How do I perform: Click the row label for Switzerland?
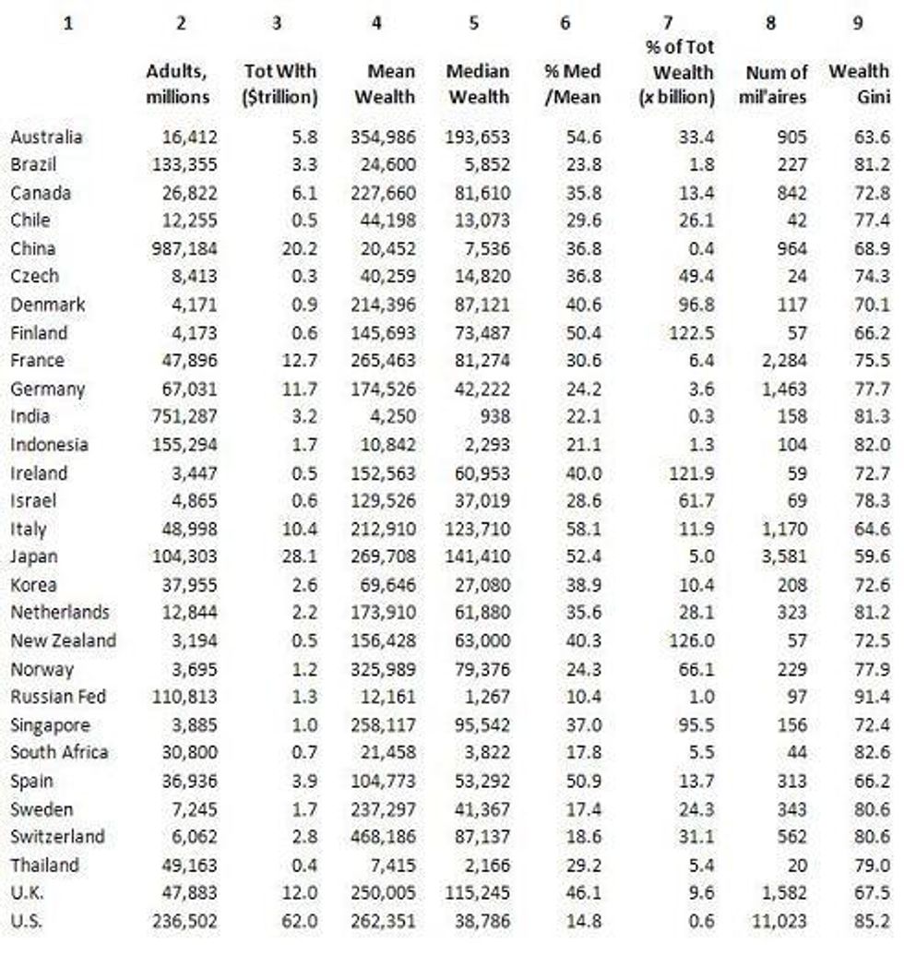pyautogui.click(x=57, y=837)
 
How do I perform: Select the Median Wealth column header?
pyautogui.click(x=477, y=84)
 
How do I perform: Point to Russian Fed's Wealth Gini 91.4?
pyautogui.click(x=872, y=697)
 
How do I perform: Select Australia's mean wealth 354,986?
pyautogui.click(x=383, y=137)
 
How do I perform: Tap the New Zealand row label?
pyautogui.click(x=63, y=640)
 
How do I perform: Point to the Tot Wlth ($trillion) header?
pyautogui.click(x=280, y=84)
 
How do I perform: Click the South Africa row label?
pyautogui.click(x=59, y=752)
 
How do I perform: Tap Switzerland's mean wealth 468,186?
pyautogui.click(x=383, y=837)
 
